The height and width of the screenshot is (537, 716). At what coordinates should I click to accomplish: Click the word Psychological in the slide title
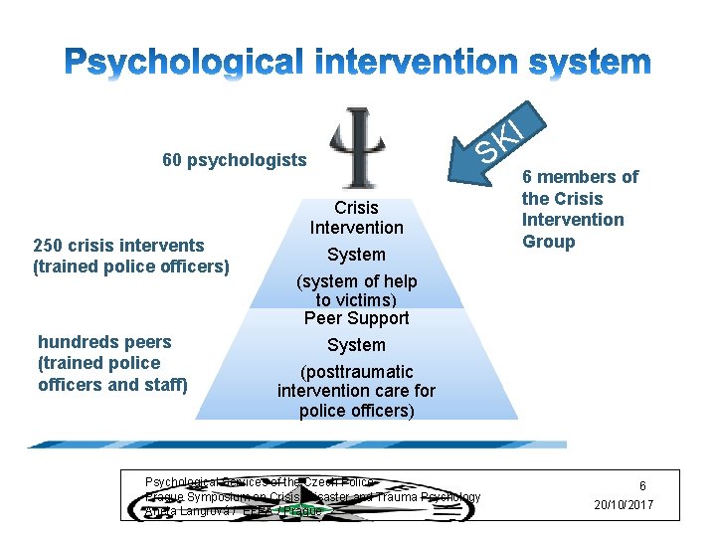(x=179, y=62)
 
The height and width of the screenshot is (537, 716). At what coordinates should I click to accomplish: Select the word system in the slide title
(x=590, y=62)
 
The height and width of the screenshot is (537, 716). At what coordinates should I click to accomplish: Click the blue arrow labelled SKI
(x=493, y=139)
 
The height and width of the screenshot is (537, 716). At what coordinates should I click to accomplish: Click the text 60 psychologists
(x=234, y=160)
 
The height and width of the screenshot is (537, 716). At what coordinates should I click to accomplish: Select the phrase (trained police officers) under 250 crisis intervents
(x=131, y=267)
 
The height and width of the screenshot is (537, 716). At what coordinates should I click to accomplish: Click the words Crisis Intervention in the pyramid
(x=356, y=218)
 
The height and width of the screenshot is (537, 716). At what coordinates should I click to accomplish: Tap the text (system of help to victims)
(x=356, y=290)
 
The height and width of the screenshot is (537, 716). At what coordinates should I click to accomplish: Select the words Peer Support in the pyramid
(x=356, y=318)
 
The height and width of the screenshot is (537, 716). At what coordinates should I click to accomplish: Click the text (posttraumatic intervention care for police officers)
(x=356, y=391)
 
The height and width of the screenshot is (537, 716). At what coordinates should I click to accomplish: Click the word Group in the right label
(x=549, y=242)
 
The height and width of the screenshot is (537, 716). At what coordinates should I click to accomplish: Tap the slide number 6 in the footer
(x=642, y=486)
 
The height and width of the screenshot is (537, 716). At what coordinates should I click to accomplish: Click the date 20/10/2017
(x=624, y=505)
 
